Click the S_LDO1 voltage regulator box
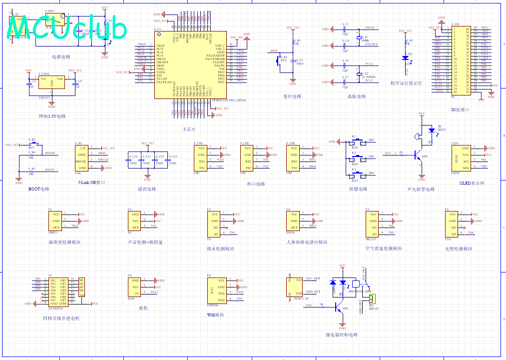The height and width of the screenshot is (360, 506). [51, 83]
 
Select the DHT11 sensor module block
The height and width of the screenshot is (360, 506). [55, 220]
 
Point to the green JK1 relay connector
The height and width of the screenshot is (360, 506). [371, 298]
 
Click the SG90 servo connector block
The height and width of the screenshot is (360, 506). [135, 287]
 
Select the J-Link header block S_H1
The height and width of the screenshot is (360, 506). [83, 157]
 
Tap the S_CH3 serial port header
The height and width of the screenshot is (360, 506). [294, 158]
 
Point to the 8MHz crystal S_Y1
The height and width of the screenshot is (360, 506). [359, 37]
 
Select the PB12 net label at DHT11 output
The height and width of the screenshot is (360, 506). [75, 226]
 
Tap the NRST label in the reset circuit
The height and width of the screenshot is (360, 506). [273, 51]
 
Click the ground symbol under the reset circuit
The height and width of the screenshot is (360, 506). [293, 82]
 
